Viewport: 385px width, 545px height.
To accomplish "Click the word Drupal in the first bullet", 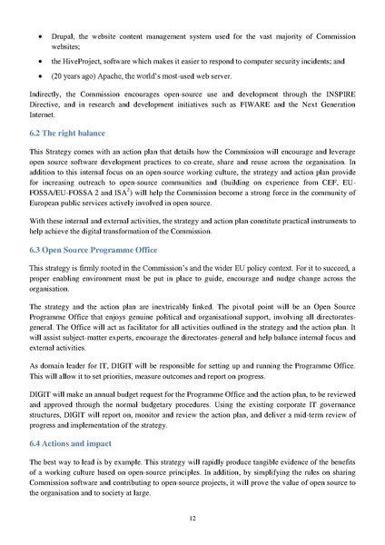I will pos(77,33).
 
